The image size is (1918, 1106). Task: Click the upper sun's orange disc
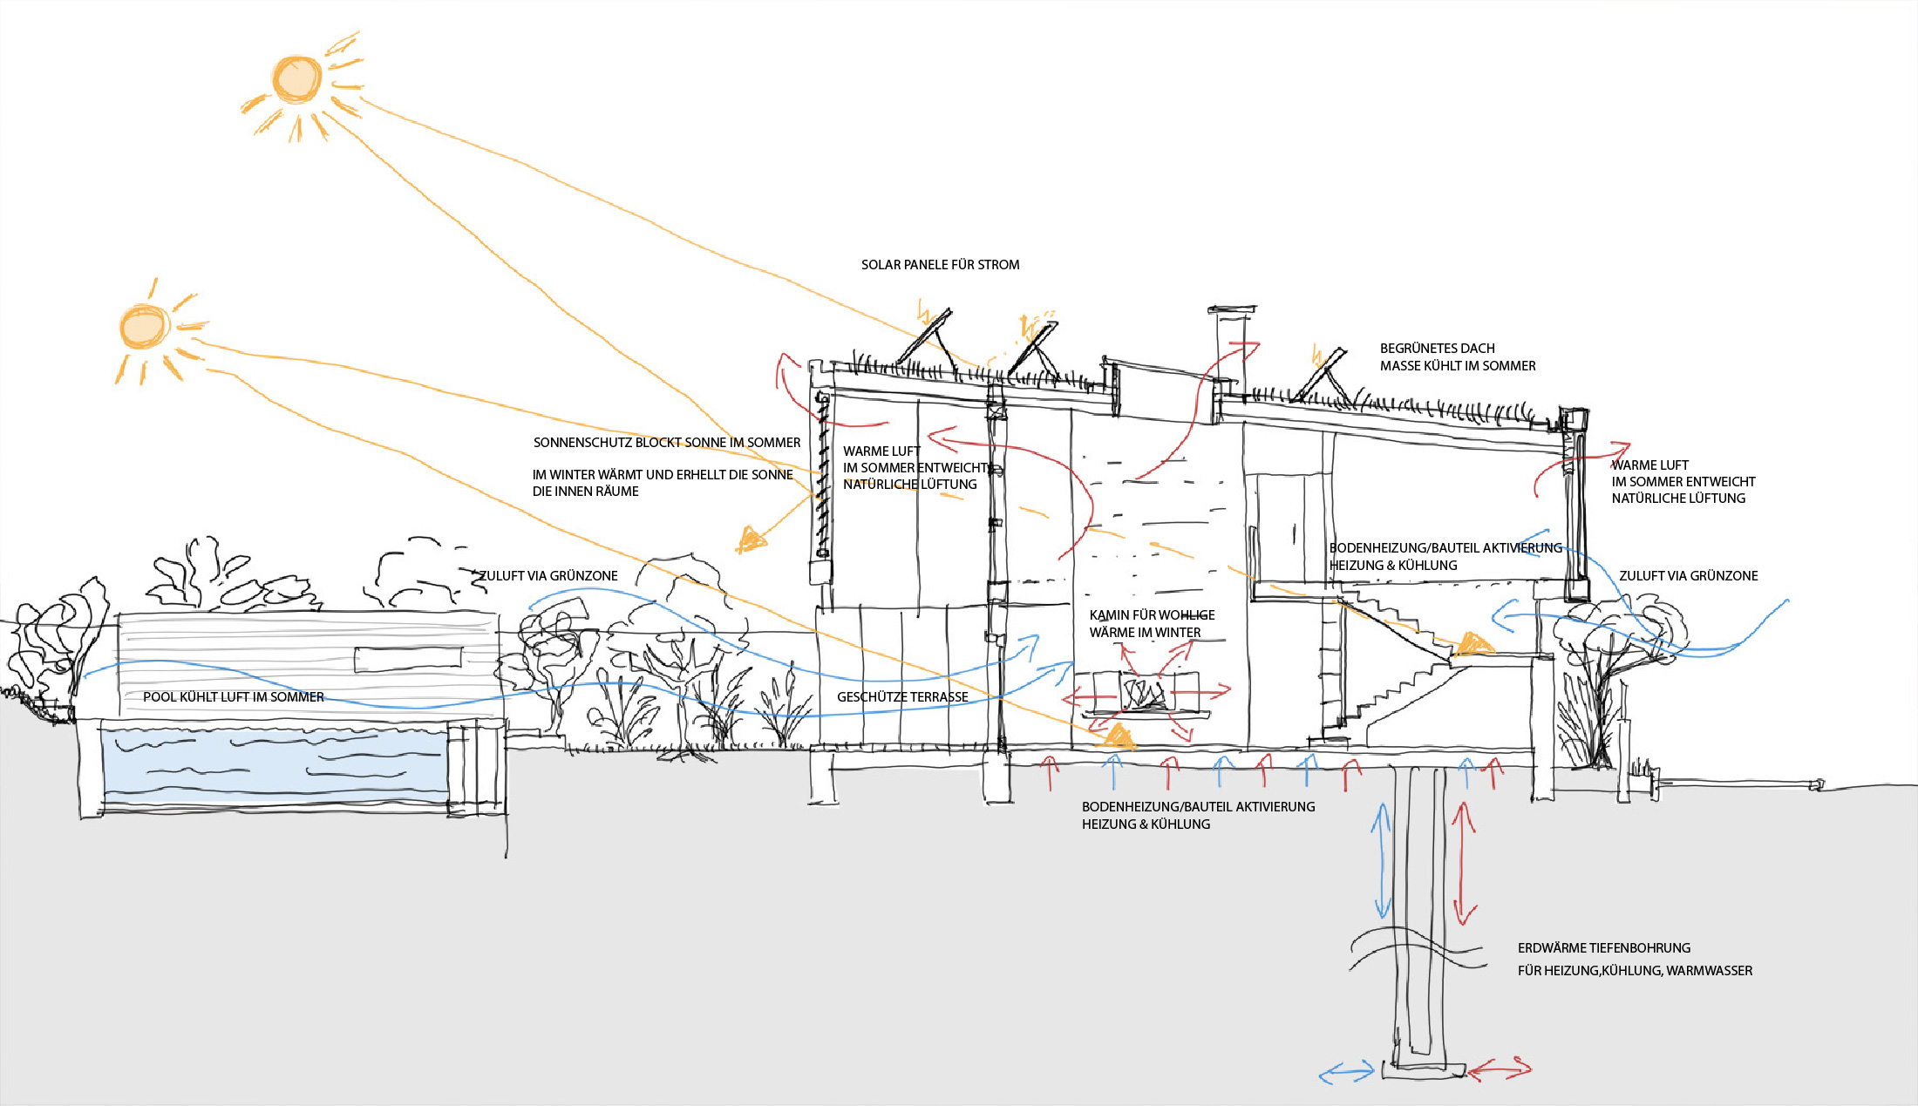coord(296,79)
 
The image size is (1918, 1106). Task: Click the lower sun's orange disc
coord(143,326)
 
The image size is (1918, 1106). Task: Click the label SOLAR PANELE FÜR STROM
coord(940,265)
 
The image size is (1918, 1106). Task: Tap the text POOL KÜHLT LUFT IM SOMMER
coord(234,697)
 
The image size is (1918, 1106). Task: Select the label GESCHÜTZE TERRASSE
coord(902,697)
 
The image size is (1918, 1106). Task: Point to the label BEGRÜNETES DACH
coord(1437,349)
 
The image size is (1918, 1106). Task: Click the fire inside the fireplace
coord(1142,694)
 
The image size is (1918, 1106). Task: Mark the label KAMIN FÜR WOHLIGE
coord(1152,615)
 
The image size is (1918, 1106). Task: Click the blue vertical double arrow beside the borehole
coord(1382,859)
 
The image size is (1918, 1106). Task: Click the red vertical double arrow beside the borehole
coord(1464,863)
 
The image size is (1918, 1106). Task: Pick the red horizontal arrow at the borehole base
coord(1500,1069)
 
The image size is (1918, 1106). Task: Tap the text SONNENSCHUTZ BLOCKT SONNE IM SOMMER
coord(667,443)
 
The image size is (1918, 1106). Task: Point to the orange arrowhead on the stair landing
coord(1473,645)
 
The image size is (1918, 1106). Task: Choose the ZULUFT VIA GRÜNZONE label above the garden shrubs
coord(549,576)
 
